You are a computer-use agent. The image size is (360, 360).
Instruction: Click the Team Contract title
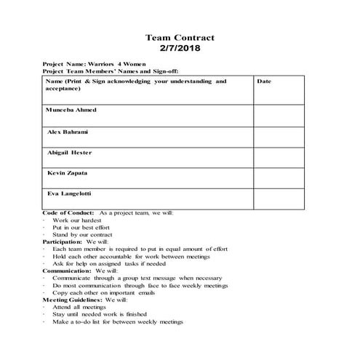(x=180, y=37)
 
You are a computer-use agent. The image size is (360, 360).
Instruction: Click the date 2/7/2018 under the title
(x=180, y=49)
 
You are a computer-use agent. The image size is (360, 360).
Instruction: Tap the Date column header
(x=264, y=81)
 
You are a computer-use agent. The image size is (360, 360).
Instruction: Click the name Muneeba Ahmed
(x=71, y=110)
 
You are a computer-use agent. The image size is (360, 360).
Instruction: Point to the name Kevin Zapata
(x=68, y=174)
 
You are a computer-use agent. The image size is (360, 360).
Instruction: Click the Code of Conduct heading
(x=69, y=212)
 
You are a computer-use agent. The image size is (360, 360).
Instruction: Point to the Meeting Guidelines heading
(x=73, y=299)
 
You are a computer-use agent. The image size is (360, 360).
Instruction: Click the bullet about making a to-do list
(x=118, y=321)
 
